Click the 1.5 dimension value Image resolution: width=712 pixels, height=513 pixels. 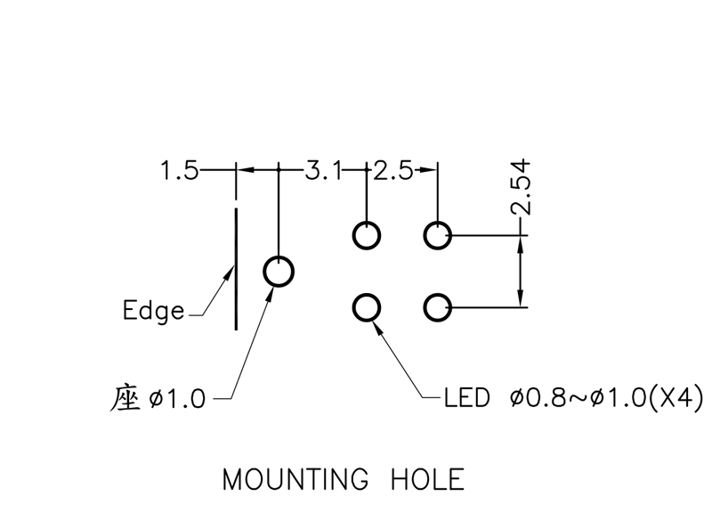pyautogui.click(x=180, y=170)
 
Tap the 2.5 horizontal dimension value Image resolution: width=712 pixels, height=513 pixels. pyautogui.click(x=393, y=170)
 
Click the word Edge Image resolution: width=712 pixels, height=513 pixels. pyautogui.click(x=154, y=311)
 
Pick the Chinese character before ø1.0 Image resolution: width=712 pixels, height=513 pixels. pyautogui.click(x=128, y=397)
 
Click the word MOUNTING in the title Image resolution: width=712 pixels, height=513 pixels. pyautogui.click(x=295, y=480)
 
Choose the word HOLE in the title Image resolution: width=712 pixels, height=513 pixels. pyautogui.click(x=428, y=480)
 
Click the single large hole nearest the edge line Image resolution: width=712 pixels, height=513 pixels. pyautogui.click(x=279, y=270)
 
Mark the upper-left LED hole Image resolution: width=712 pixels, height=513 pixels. pyautogui.click(x=367, y=236)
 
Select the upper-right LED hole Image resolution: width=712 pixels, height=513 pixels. pyautogui.click(x=437, y=236)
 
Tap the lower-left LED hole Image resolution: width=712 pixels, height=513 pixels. pyautogui.click(x=367, y=308)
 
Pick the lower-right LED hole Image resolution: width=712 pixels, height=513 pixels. pyautogui.click(x=437, y=308)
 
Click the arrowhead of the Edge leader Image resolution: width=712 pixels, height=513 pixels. pyautogui.click(x=228, y=278)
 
